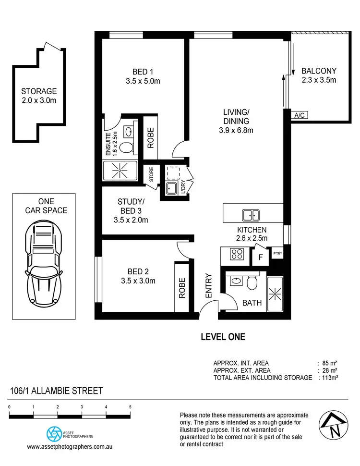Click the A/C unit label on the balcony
(x=300, y=115)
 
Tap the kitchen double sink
(x=250, y=215)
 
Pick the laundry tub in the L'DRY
(x=172, y=188)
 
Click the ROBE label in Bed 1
(x=151, y=138)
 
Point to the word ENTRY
(x=209, y=286)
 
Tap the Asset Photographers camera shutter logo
(x=54, y=434)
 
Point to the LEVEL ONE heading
(x=222, y=337)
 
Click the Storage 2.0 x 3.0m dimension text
(x=39, y=100)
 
